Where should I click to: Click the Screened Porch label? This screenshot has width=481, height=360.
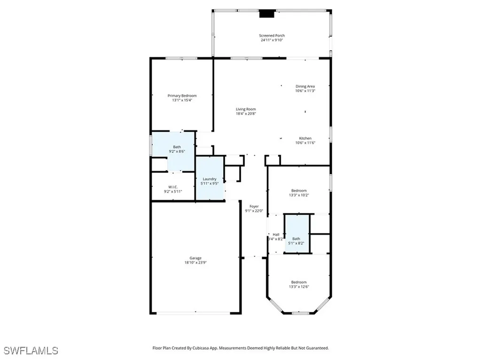coord(272,36)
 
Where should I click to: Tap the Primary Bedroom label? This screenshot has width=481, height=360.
coord(182,96)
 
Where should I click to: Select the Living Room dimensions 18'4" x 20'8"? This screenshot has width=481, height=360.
coord(246,114)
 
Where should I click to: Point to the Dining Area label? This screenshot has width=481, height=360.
coord(305,86)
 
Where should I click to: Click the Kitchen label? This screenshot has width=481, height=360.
coord(305,139)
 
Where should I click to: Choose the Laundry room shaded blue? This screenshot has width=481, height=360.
coord(209,180)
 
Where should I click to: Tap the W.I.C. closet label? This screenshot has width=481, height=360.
coord(172,187)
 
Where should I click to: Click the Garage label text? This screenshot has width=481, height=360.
coord(195,258)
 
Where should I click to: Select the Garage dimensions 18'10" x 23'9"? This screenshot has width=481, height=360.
coord(195,263)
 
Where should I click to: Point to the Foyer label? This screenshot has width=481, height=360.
coord(254,206)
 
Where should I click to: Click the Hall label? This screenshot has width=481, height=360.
coord(276,235)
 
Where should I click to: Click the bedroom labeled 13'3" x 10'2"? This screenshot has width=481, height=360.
coord(298,193)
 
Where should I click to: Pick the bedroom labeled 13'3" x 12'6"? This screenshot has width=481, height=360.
coord(298,284)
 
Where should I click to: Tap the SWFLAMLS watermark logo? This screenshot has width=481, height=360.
coord(31,351)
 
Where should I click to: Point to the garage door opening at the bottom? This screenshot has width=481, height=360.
coord(196,313)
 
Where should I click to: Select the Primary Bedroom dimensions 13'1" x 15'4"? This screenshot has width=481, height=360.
coord(182,100)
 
